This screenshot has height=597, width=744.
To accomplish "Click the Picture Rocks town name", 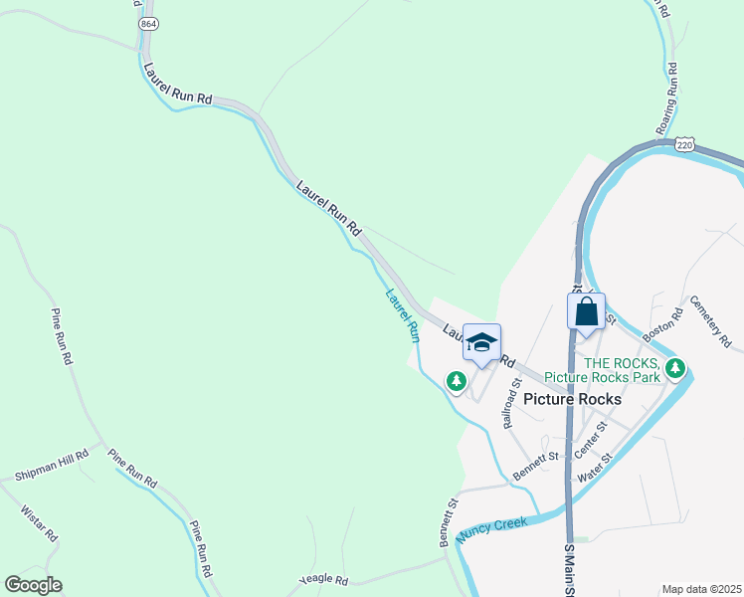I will [x=572, y=399].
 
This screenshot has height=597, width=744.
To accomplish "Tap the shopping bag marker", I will [x=587, y=311].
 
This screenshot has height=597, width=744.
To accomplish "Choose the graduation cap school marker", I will [x=481, y=344].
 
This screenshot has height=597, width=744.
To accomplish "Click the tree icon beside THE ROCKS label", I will [x=676, y=369].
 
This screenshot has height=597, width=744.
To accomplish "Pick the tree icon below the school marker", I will [x=456, y=381].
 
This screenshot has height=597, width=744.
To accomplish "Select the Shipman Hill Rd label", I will [x=52, y=466].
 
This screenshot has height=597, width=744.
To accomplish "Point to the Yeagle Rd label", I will [x=324, y=580].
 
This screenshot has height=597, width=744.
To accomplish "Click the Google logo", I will [x=33, y=585].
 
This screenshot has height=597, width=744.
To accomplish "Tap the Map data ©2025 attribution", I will [x=701, y=589].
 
